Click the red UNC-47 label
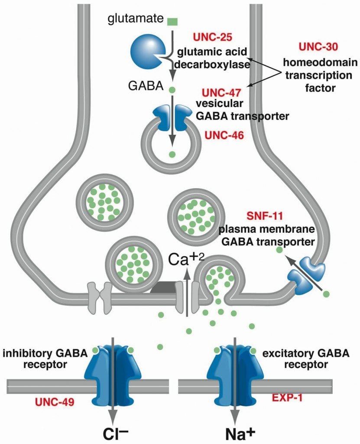pyautogui.click(x=220, y=92)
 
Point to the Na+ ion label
pyautogui.click(x=234, y=433)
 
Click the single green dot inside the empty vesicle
pyautogui.click(x=172, y=154)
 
